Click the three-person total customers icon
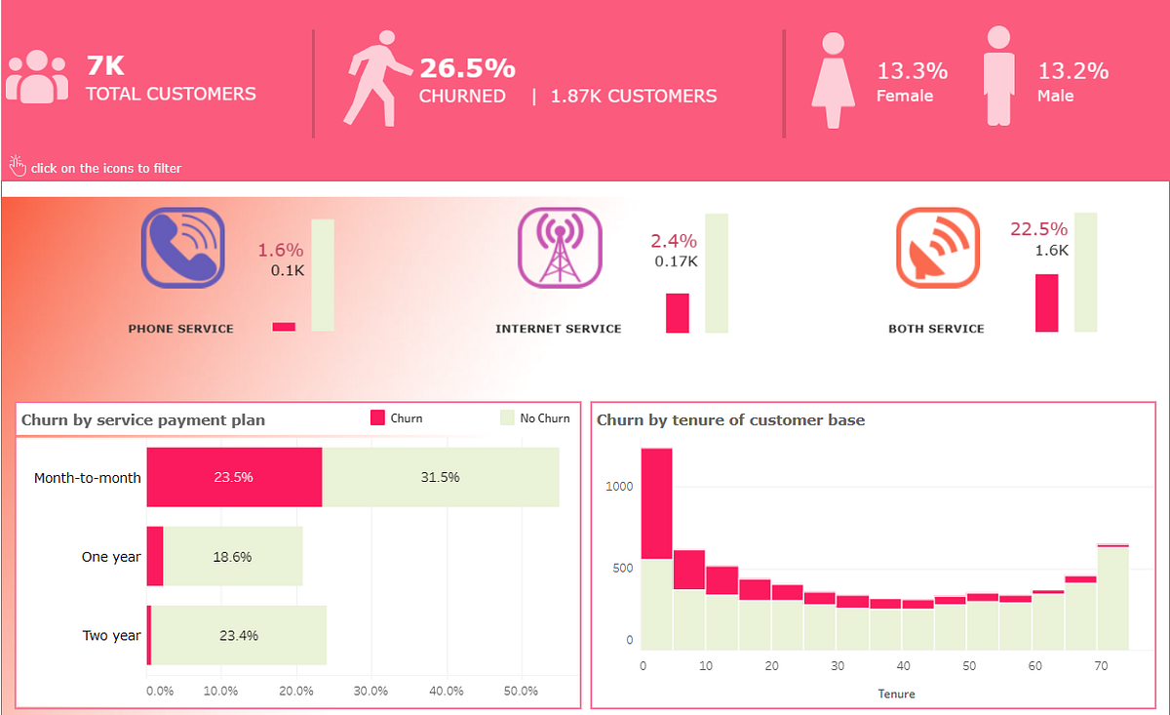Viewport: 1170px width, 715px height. click(x=37, y=76)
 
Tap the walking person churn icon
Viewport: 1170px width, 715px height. click(x=376, y=78)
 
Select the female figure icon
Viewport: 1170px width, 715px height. click(x=832, y=81)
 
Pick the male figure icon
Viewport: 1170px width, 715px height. click(x=998, y=76)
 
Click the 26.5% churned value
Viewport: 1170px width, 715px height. click(x=467, y=68)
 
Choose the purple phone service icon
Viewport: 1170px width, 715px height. click(x=182, y=248)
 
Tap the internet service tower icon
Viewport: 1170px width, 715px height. click(x=560, y=248)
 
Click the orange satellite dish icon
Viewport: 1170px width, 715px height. click(x=936, y=248)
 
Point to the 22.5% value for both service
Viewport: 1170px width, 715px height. click(x=1038, y=229)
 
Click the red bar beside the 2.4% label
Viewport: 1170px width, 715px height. click(x=677, y=313)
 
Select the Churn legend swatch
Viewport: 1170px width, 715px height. click(x=378, y=418)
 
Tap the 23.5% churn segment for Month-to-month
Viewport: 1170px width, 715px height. click(x=234, y=478)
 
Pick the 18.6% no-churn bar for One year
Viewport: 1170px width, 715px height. click(x=233, y=557)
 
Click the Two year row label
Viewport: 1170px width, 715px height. click(x=111, y=636)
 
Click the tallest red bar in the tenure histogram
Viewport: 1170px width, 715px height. click(x=656, y=502)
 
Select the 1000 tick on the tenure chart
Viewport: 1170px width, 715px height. click(x=617, y=487)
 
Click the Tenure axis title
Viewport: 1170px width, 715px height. click(x=896, y=694)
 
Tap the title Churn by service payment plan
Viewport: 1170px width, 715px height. click(x=142, y=420)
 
